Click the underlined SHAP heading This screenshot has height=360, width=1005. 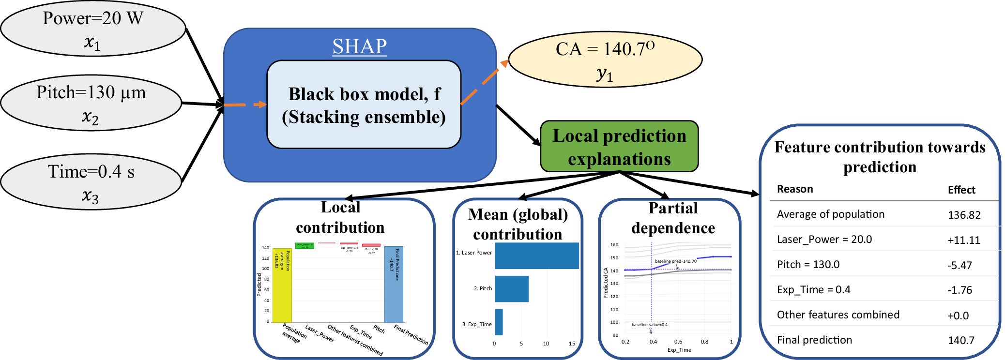point(359,46)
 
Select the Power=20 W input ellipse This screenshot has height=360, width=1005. point(93,29)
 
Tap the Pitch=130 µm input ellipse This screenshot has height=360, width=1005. point(91,103)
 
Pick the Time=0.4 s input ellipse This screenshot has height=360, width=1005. point(91,182)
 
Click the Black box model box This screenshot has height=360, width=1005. point(364,105)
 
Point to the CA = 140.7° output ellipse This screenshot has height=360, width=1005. point(605,60)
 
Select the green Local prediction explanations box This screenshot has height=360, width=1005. point(619,147)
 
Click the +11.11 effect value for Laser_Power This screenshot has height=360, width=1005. point(963,240)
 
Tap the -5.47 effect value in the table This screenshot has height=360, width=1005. point(959,266)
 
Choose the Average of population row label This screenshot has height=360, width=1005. point(830,214)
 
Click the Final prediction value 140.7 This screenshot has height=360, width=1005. point(961,341)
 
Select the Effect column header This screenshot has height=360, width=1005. point(961,190)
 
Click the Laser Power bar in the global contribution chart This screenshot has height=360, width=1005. point(536,255)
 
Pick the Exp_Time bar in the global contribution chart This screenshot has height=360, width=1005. point(499,322)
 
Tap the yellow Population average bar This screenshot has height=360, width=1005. point(282,285)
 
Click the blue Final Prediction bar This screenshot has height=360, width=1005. point(394,284)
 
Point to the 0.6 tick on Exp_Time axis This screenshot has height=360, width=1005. point(678,342)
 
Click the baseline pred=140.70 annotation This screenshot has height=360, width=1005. point(675,261)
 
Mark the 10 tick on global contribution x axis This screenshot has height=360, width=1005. point(546,344)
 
